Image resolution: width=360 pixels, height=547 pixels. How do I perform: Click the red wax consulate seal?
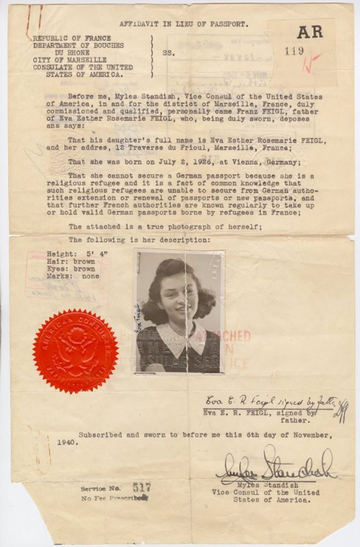click(75, 351)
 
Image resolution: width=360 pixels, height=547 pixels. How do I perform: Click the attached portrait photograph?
click(179, 311)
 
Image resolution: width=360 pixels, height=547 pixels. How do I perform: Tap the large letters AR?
click(310, 32)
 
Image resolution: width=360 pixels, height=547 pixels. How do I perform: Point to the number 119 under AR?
click(294, 51)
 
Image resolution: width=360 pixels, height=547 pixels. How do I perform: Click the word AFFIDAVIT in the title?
click(140, 24)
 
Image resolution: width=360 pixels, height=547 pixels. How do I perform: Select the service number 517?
click(142, 487)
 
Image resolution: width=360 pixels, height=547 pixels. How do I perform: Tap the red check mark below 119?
click(310, 64)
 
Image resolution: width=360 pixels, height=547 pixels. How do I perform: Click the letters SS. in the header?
click(168, 53)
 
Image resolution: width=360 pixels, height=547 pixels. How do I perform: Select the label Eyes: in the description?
click(57, 269)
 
